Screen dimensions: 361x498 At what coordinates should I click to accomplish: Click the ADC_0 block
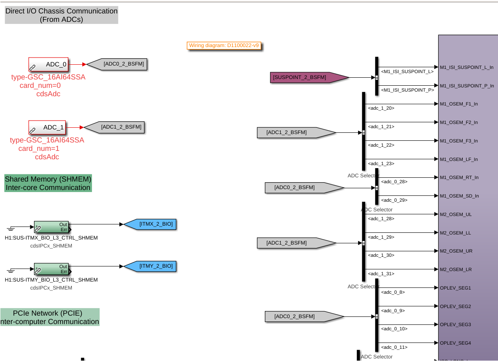48,65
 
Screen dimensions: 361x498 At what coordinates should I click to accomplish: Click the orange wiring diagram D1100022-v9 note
224,45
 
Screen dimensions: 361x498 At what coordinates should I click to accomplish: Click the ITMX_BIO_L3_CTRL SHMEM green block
51,227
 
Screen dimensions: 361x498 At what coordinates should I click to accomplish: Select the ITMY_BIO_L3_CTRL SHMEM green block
51,269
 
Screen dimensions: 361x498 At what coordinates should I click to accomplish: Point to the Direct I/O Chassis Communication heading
61,15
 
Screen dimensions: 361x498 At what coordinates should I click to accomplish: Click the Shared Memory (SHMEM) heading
48,183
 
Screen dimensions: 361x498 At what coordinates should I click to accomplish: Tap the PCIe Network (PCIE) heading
50,317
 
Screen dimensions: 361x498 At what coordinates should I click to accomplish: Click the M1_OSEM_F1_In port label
458,104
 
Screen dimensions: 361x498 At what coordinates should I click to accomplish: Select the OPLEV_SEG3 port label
455,324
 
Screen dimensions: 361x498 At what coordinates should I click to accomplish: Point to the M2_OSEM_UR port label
456,251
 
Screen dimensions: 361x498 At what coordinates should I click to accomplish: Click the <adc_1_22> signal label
381,145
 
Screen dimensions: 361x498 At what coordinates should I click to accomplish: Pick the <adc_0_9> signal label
393,311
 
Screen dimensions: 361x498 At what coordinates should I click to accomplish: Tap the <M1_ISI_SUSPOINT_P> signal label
407,90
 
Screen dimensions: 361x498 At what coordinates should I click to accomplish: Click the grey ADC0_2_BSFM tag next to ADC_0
119,64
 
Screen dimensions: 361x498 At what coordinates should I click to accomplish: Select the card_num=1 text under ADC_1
39,149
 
